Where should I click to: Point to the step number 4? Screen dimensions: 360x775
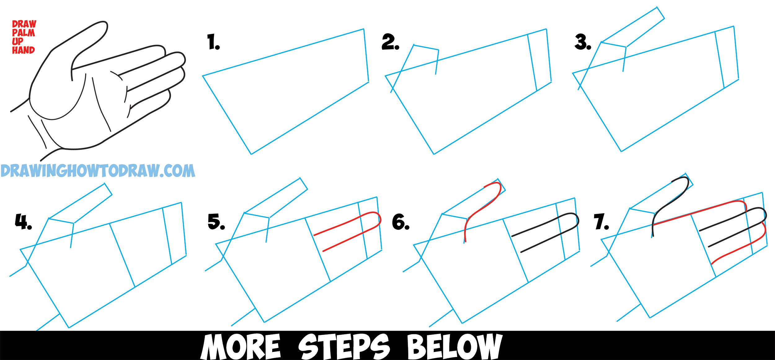(x=22, y=222)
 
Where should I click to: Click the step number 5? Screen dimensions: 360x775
(x=215, y=222)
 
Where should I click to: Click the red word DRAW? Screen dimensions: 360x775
(x=24, y=24)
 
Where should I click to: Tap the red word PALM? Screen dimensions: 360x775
(x=23, y=33)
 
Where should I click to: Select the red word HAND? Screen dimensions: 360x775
(x=23, y=50)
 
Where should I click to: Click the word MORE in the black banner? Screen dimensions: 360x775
(x=240, y=346)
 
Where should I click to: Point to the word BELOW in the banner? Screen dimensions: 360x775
(x=454, y=346)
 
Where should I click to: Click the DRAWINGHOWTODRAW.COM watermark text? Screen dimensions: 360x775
(x=98, y=171)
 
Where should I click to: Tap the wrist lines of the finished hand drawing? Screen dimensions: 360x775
(x=37, y=130)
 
